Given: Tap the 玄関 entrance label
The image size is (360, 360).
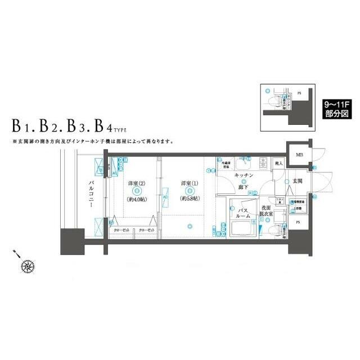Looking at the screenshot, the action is pos(298,181).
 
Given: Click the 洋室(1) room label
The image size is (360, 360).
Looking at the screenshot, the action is pos(189,183).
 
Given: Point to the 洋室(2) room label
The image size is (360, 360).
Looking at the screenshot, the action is pos(137,183).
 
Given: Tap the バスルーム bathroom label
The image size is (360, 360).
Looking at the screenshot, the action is pos(243,213).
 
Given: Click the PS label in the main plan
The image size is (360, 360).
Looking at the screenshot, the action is pos(298,223).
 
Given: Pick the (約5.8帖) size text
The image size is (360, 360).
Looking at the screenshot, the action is pos(189,199).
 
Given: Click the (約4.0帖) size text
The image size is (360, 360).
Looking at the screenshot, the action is pos(137,199).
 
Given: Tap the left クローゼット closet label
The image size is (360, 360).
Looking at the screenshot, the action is pos(121,231).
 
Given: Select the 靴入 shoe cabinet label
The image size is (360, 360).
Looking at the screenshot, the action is pos(278,163).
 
